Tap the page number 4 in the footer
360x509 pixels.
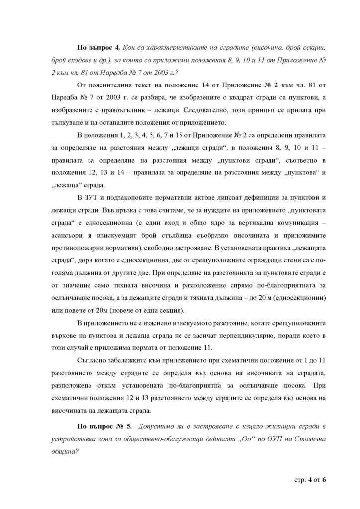click(x=308, y=480)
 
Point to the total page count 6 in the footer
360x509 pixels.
click(x=329, y=480)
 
